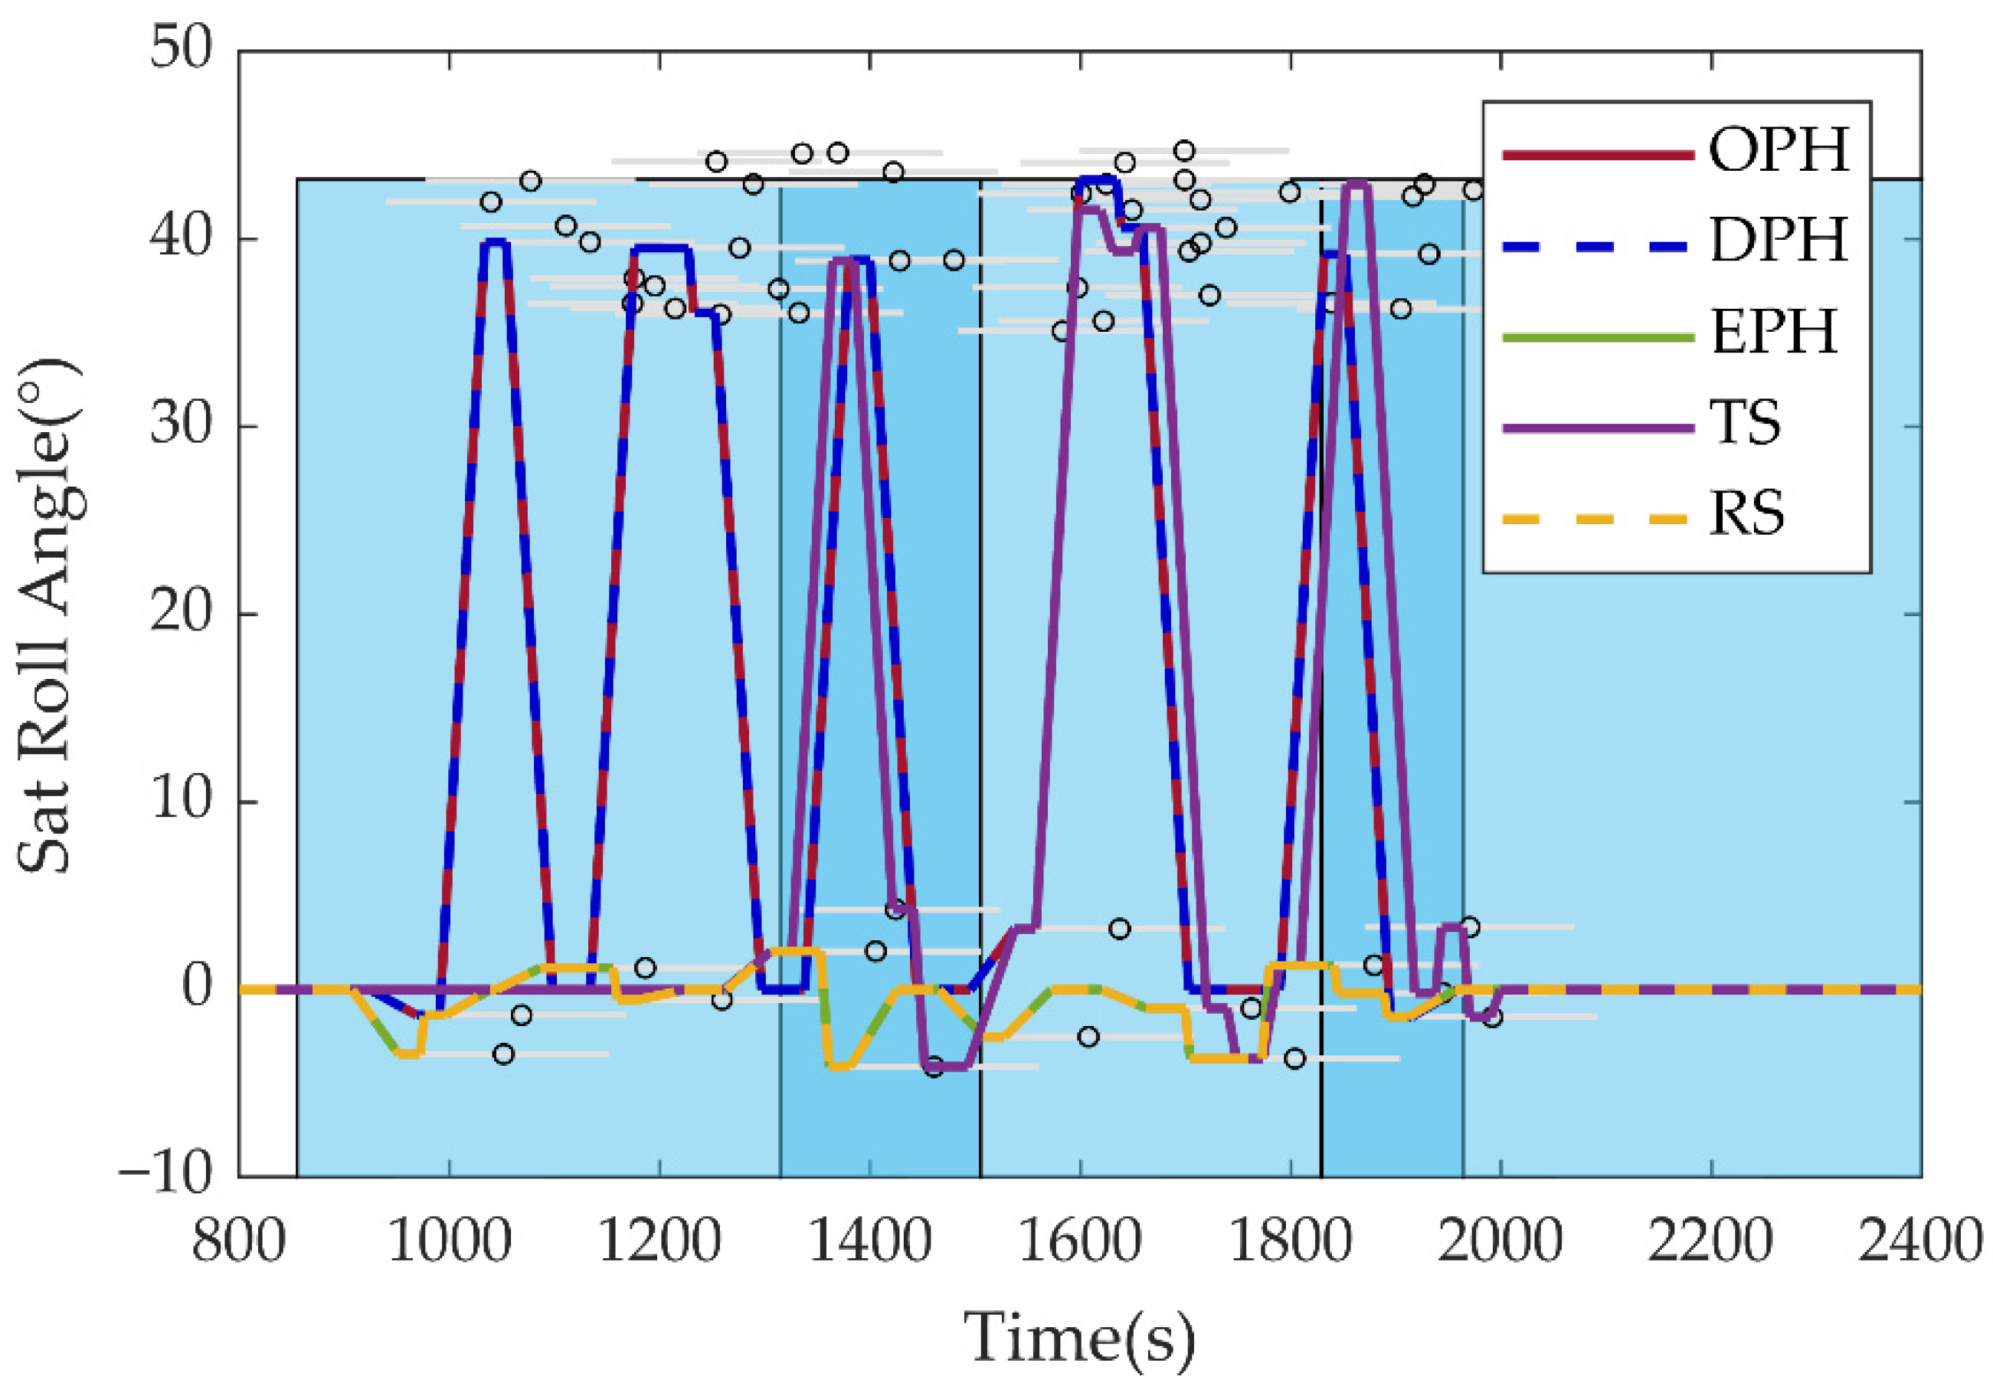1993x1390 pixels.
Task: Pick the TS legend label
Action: (1745, 423)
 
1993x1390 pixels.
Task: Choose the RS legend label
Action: (1746, 514)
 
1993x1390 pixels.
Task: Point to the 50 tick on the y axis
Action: (181, 48)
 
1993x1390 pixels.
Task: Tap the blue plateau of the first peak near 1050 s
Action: (494, 243)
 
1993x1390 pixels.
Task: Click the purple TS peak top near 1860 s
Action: (1356, 184)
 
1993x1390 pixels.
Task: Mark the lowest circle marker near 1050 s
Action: (503, 1054)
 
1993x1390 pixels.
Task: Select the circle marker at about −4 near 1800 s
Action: (1294, 1058)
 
